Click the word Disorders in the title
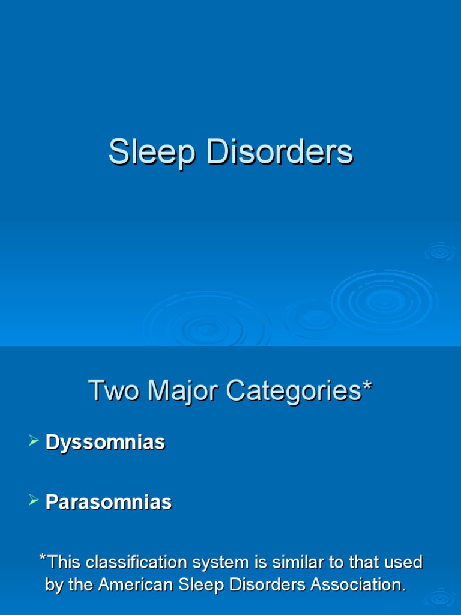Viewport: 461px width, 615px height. [279, 152]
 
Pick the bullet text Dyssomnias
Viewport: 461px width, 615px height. [105, 443]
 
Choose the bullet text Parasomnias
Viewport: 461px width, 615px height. [109, 502]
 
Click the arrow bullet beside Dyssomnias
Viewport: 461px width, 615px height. [34, 442]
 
